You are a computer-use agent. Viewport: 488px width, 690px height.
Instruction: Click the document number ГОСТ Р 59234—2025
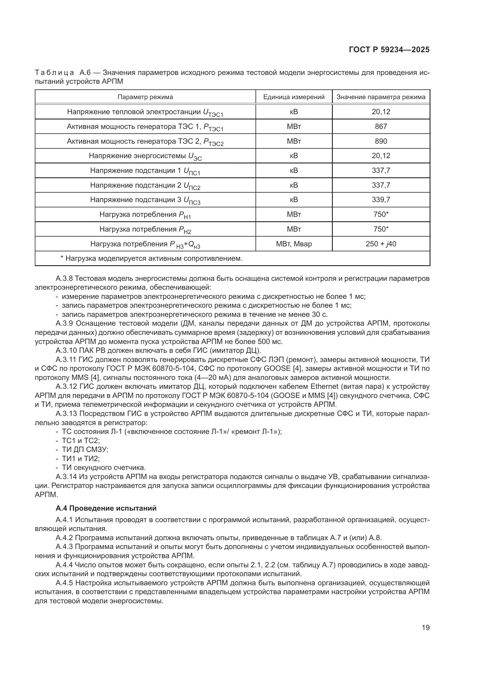pos(389,50)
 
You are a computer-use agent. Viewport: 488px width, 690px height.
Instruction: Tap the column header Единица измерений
pos(294,97)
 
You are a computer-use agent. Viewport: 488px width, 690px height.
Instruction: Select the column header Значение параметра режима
pos(381,97)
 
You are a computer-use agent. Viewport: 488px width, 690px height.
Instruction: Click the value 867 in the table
pos(381,127)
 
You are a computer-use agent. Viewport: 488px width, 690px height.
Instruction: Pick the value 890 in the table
pos(381,141)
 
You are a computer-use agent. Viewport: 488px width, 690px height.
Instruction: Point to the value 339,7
pos(381,200)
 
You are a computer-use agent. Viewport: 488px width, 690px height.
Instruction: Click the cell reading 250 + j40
pos(381,244)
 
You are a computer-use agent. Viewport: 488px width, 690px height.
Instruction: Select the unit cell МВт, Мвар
pos(294,244)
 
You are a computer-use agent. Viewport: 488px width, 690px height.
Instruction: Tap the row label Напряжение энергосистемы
pos(145,156)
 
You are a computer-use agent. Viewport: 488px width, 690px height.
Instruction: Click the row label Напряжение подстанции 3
pos(145,200)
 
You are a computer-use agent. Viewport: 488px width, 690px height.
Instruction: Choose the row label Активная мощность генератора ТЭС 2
pos(145,142)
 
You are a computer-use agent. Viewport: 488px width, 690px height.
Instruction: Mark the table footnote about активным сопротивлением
pos(151,258)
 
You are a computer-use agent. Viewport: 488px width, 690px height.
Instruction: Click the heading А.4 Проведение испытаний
pos(106,508)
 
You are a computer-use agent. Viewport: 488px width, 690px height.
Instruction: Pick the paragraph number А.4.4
pos(64,565)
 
